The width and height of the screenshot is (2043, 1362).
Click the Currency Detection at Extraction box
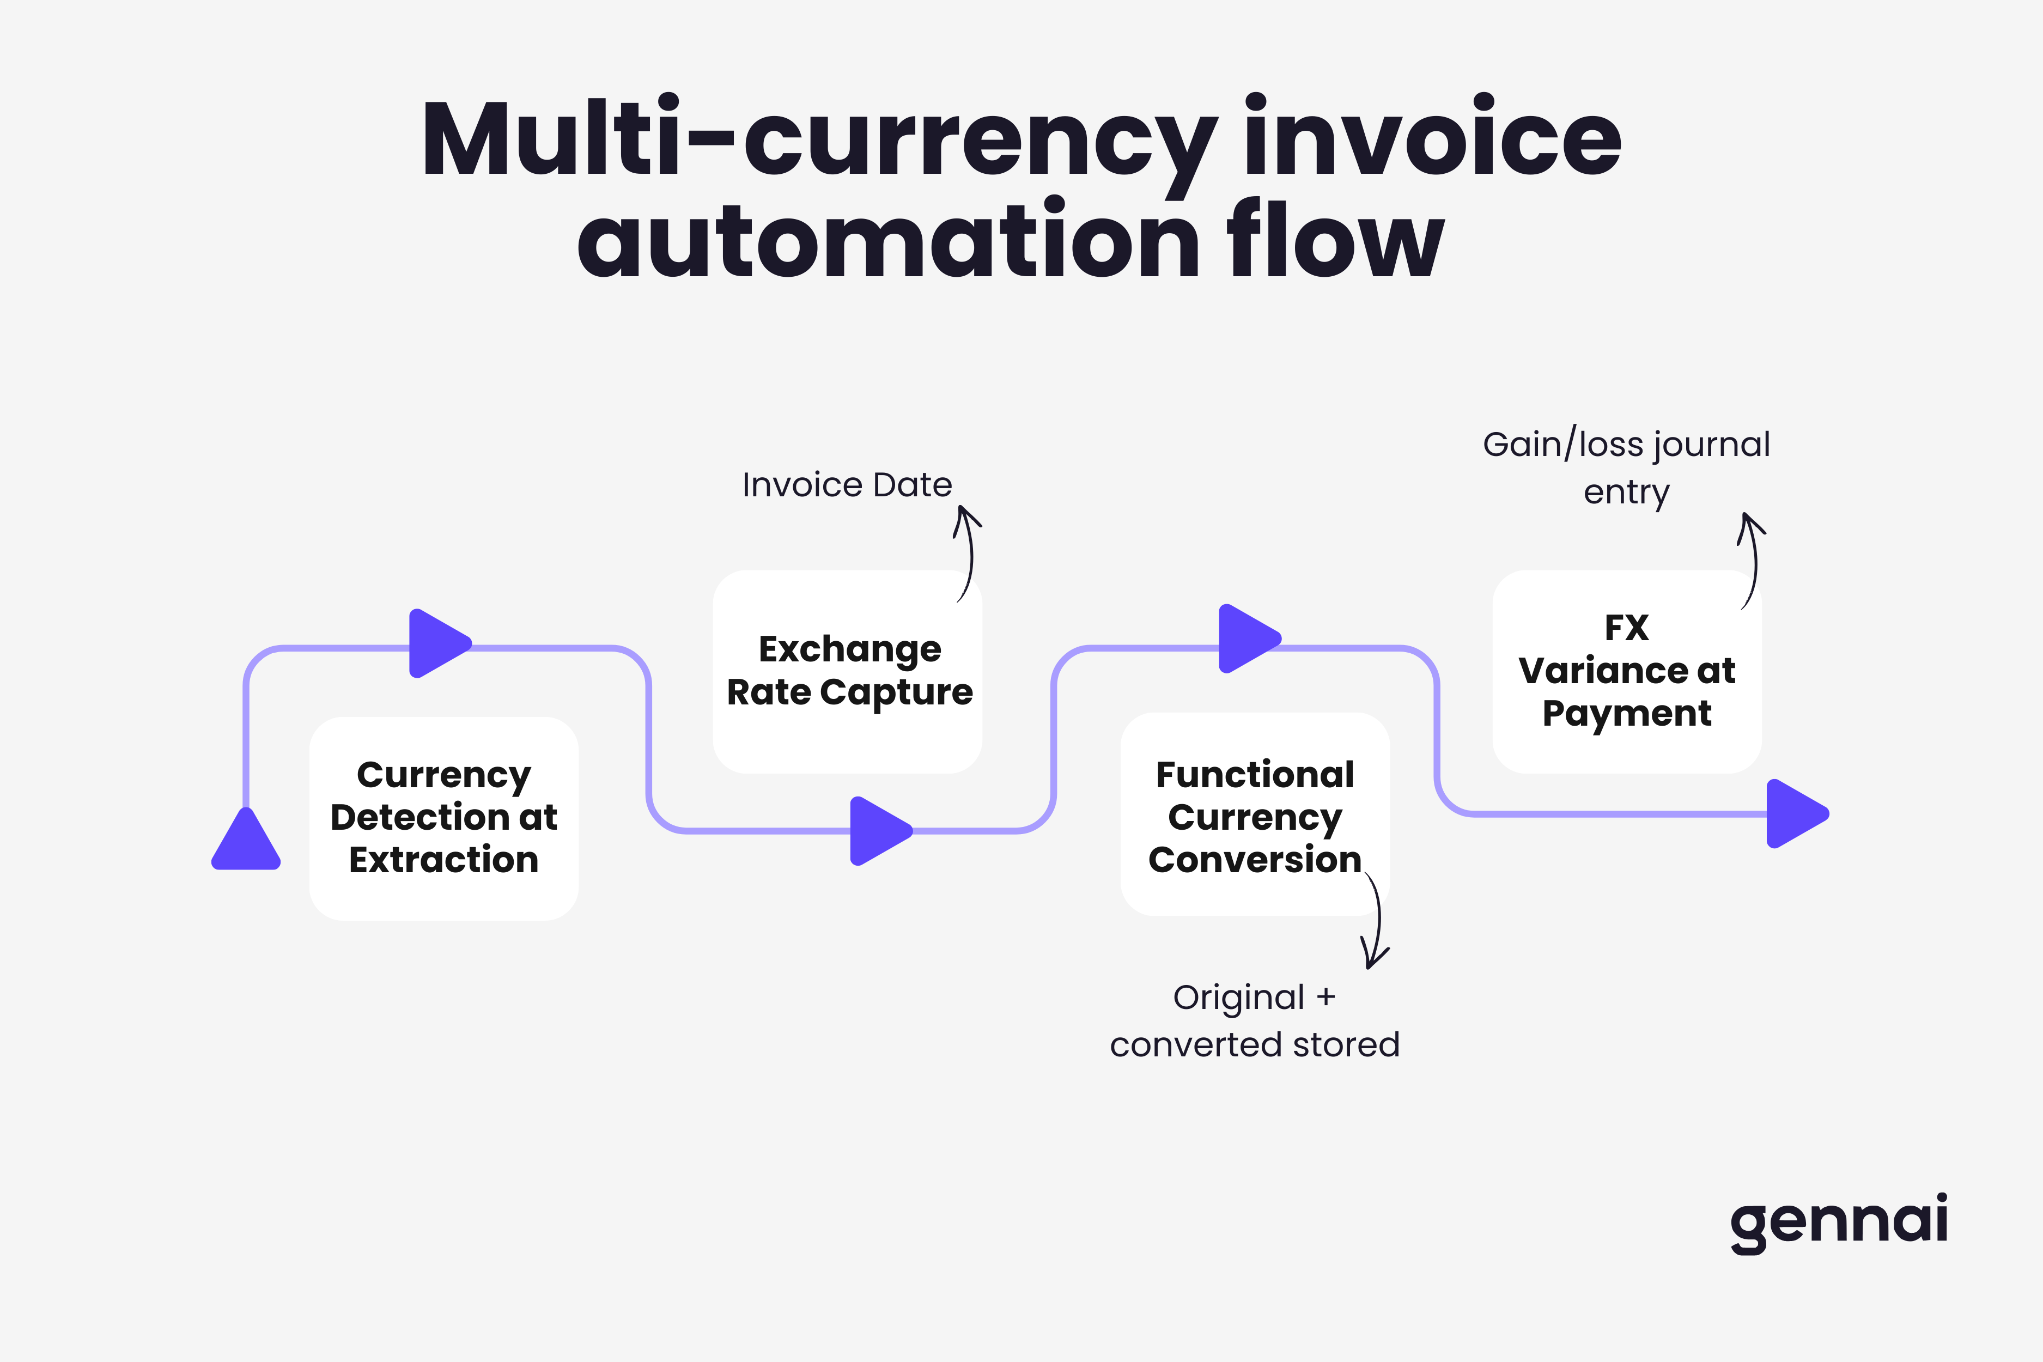pyautogui.click(x=444, y=818)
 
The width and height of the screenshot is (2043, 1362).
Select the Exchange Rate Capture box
pyautogui.click(x=848, y=671)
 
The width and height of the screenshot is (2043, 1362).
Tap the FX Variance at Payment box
pyautogui.click(x=1626, y=671)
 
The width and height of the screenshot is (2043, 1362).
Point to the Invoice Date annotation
pyautogui.click(x=847, y=485)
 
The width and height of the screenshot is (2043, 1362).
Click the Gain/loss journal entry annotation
pyautogui.click(x=1626, y=467)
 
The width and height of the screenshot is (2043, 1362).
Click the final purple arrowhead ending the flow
pyautogui.click(x=1795, y=814)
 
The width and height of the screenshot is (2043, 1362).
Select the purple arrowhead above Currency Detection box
pyautogui.click(x=437, y=643)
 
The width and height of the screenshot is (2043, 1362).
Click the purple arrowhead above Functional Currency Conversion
pyautogui.click(x=1248, y=639)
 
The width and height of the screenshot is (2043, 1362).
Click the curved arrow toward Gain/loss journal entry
pyautogui.click(x=1751, y=560)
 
